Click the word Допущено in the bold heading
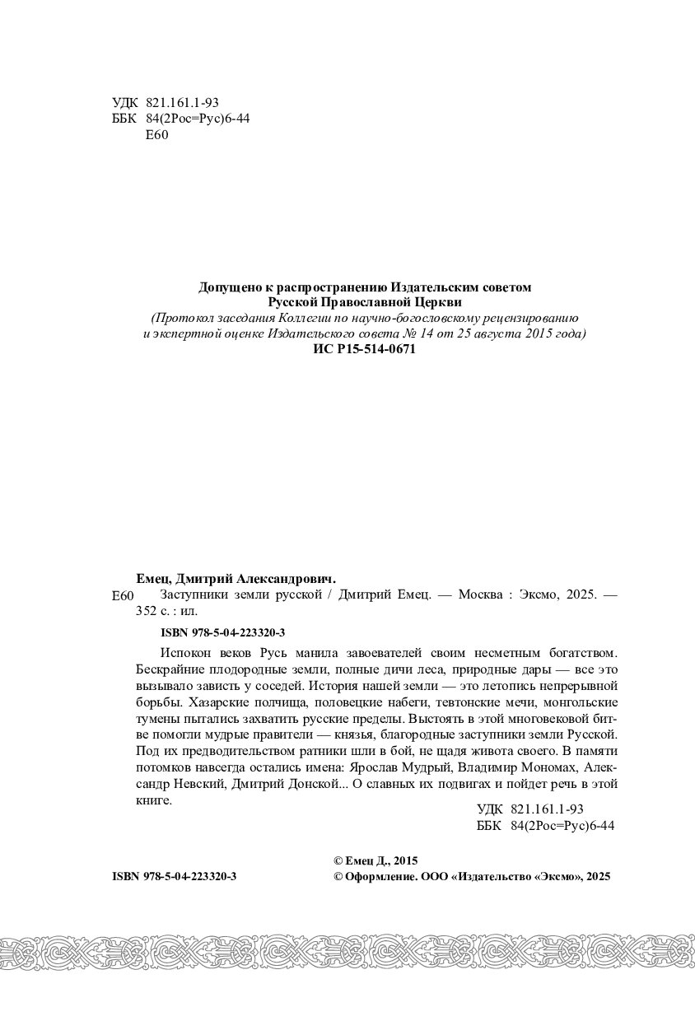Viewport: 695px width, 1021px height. [x=226, y=287]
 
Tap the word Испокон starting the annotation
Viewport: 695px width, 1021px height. [x=181, y=652]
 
